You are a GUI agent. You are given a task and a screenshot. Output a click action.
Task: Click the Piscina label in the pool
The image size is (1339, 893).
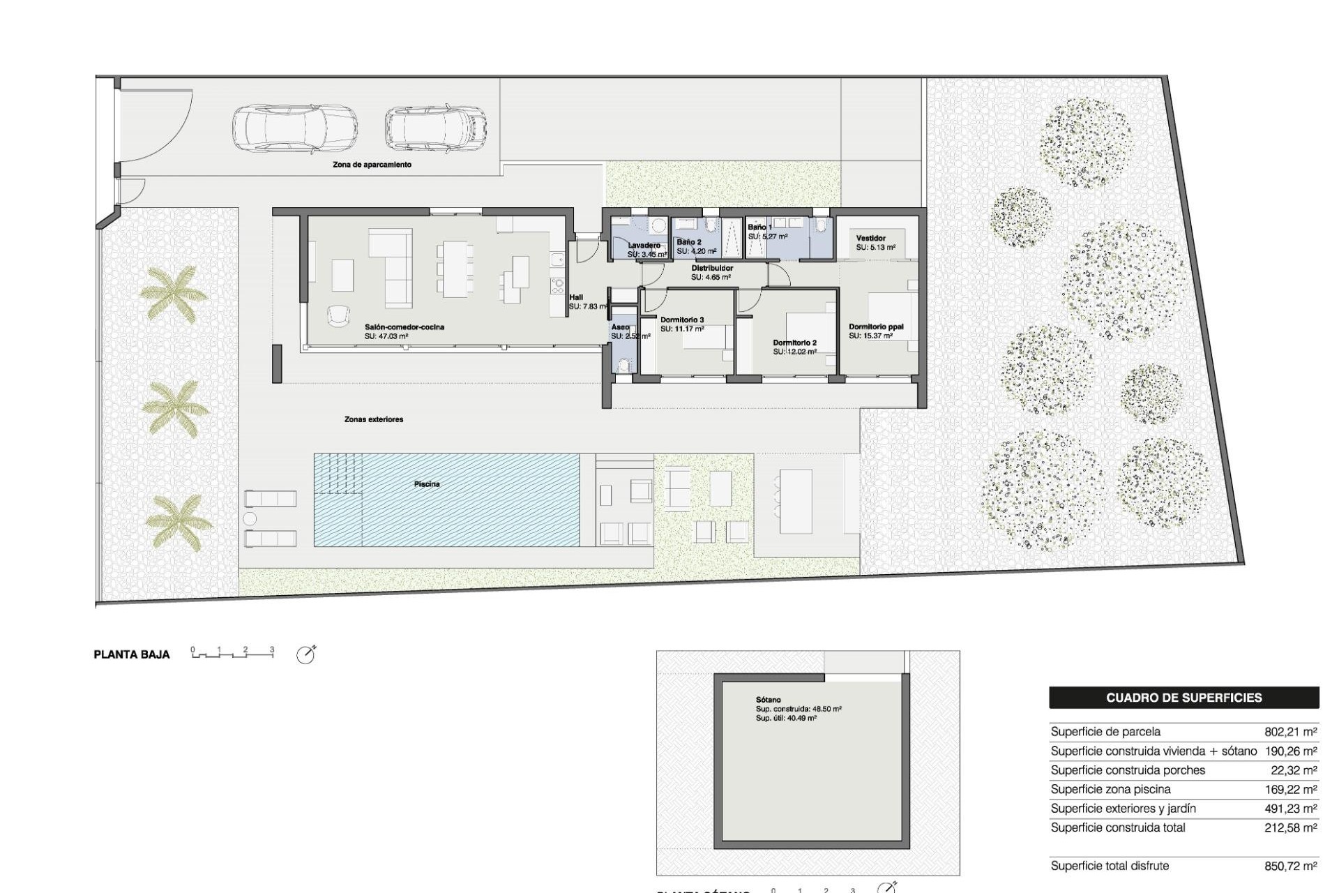click(x=426, y=484)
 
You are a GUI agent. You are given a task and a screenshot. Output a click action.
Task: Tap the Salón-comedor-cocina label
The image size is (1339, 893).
click(x=404, y=327)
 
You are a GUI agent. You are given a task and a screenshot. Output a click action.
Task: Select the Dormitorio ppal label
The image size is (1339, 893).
click(x=876, y=327)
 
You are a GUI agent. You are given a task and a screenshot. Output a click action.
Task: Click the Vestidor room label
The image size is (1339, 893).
click(x=870, y=239)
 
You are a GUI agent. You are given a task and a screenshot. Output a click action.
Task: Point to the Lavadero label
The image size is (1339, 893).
click(x=644, y=246)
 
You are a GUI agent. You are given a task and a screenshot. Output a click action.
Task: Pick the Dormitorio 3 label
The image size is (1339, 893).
click(x=681, y=320)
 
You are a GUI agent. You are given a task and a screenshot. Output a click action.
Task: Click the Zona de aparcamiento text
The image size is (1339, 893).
click(x=372, y=165)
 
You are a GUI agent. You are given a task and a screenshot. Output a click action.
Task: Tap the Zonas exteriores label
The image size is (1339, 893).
click(x=374, y=419)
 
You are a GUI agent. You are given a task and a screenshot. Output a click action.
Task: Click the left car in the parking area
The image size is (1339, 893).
click(x=295, y=130)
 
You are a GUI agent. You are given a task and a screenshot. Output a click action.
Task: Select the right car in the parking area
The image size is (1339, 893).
click(x=435, y=129)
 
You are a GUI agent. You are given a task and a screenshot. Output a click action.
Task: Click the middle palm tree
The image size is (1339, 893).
click(x=174, y=407)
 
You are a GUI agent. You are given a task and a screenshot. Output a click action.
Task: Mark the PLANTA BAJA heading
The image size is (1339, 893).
click(x=132, y=654)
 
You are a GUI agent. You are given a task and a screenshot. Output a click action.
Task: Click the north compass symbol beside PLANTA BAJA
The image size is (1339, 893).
click(x=305, y=654)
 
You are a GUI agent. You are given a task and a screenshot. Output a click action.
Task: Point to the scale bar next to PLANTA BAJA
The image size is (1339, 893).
click(x=232, y=653)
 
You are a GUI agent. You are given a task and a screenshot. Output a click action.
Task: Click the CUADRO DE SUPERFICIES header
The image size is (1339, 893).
click(x=1183, y=698)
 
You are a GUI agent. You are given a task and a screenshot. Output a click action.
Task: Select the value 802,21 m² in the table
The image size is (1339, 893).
click(x=1290, y=732)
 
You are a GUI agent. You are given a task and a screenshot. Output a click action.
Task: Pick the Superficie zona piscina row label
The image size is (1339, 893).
click(x=1110, y=789)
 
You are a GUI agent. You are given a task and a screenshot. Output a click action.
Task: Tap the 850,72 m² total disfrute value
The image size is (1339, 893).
click(x=1290, y=866)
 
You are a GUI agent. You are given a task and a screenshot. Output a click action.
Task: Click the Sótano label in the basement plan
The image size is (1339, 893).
click(x=768, y=700)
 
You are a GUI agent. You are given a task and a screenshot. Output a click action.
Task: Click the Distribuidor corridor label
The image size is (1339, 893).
click(x=711, y=268)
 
